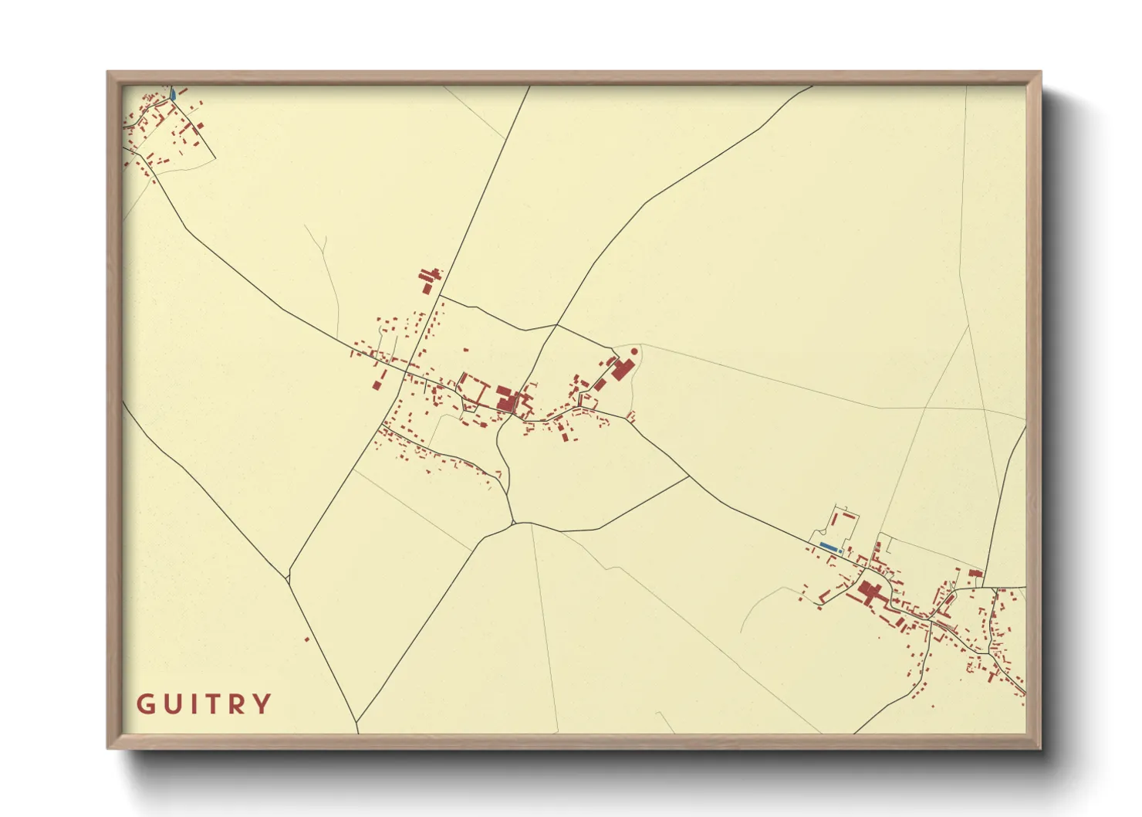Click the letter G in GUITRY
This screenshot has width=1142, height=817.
(145, 704)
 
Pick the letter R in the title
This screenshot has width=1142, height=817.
(237, 704)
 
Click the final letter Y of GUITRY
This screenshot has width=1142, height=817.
(262, 704)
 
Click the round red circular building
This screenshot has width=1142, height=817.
(634, 351)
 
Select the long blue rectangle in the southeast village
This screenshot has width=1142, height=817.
(828, 547)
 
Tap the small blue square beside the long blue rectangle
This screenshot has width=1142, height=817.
(840, 551)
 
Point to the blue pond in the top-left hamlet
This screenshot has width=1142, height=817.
(173, 94)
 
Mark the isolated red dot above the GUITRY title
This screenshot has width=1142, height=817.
(306, 639)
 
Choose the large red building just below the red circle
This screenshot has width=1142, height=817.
(622, 369)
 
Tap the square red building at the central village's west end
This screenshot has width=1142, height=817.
(378, 385)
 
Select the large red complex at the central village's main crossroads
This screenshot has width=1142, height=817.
(506, 399)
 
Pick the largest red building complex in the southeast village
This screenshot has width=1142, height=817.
(870, 592)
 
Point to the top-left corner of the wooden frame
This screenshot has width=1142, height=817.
(108, 73)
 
